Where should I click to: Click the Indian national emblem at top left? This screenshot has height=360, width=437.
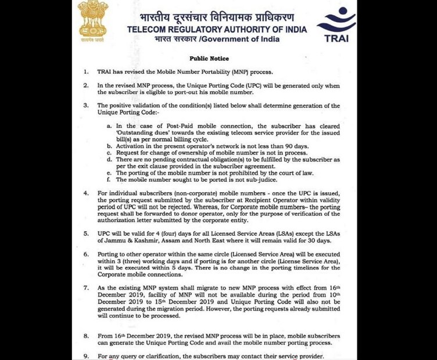point(93,19)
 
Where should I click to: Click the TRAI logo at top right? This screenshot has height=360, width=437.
point(336,24)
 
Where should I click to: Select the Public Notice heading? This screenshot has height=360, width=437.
point(209,59)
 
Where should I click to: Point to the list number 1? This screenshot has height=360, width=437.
point(85,72)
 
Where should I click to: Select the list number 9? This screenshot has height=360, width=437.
point(85,355)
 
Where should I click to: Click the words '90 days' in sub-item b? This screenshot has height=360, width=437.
point(300,146)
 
